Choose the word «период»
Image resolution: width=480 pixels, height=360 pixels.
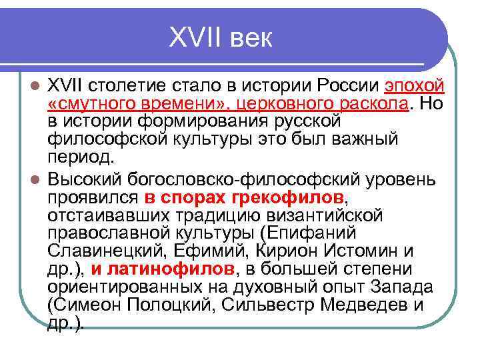pyautogui.click(x=78, y=159)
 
